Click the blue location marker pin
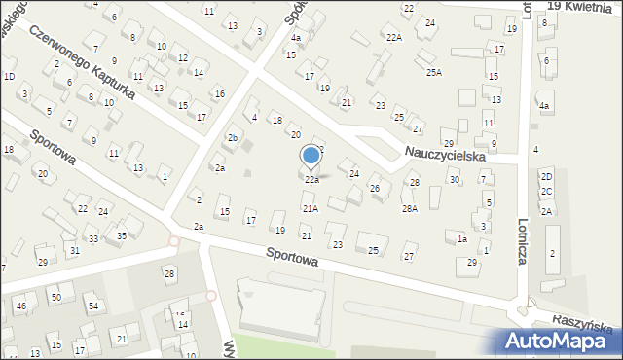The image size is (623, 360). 311,156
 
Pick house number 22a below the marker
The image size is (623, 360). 311,180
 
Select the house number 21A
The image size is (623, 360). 310,208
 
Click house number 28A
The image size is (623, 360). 410,208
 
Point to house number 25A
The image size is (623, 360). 433,72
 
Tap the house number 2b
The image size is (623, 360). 233,137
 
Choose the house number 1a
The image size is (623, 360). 462,239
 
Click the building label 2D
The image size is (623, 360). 547,176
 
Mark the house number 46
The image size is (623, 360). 20,306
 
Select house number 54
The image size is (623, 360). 93,306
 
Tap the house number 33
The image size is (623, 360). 92,238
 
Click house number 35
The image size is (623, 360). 122,235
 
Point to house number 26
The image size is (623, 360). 374,188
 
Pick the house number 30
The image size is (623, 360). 454,179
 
